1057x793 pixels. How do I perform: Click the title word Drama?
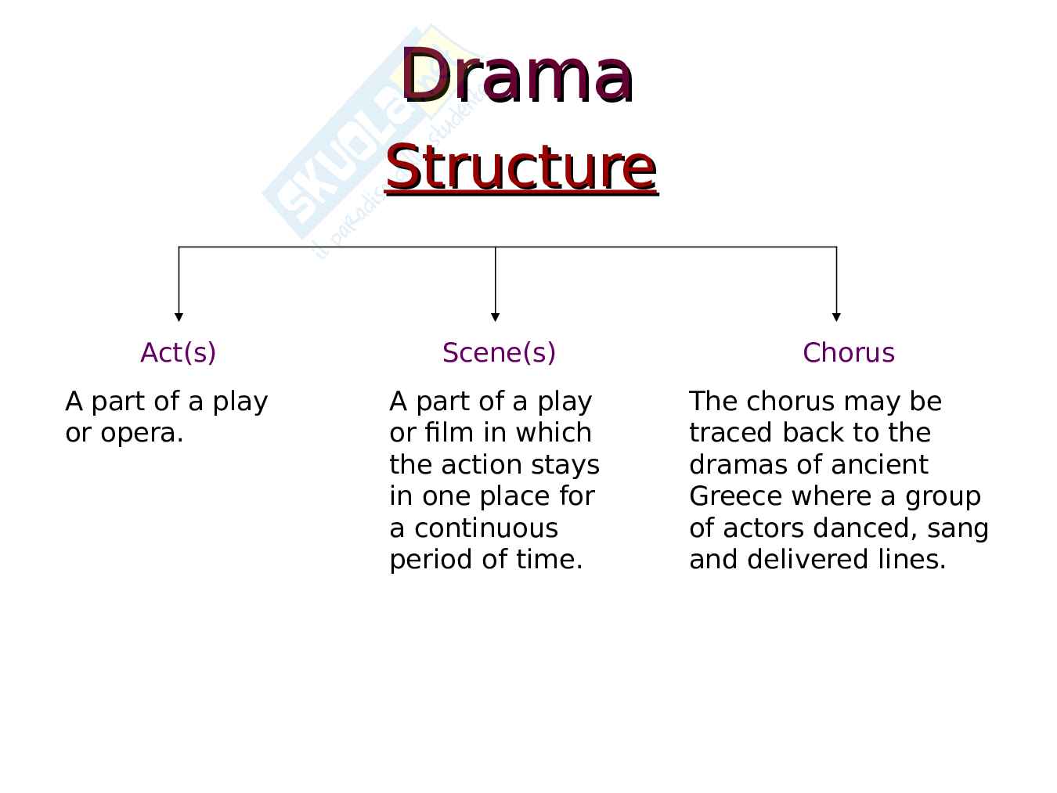click(x=517, y=76)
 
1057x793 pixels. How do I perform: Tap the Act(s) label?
click(x=178, y=353)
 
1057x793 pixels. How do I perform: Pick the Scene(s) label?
click(x=499, y=353)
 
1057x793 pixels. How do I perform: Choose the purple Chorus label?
click(x=848, y=353)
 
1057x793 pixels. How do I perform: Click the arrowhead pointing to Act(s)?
click(x=179, y=316)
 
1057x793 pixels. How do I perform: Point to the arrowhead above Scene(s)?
click(x=495, y=316)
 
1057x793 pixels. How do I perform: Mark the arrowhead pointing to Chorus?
click(x=836, y=316)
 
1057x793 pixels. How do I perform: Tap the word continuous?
click(x=485, y=528)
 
